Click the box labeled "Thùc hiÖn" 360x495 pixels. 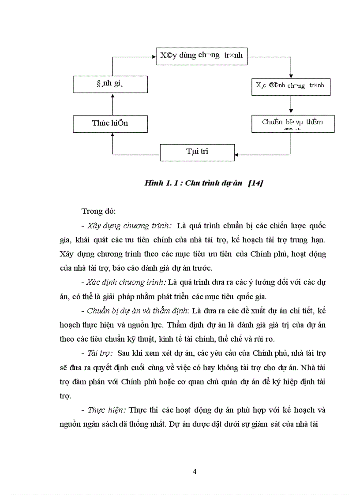[110, 123]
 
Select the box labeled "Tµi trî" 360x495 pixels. [197, 152]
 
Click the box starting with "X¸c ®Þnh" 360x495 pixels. [290, 86]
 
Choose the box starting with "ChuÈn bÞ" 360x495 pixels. [292, 123]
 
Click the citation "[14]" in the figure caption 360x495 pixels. [255, 183]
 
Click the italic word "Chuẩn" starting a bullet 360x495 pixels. [98, 311]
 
